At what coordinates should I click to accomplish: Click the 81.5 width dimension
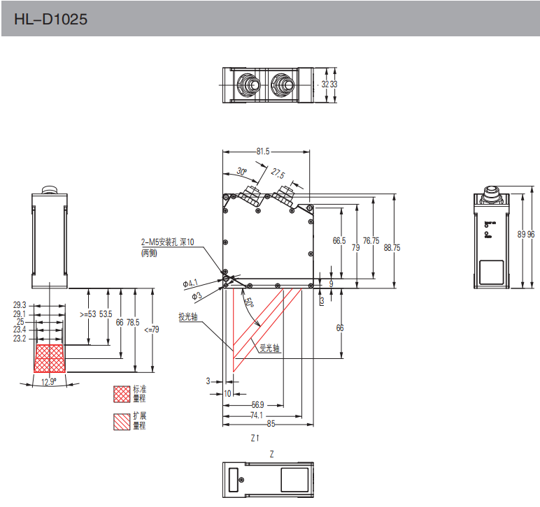[x=263, y=151]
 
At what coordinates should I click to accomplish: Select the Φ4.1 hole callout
[x=191, y=283]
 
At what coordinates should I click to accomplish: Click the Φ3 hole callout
[x=197, y=296]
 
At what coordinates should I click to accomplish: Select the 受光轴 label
[x=270, y=347]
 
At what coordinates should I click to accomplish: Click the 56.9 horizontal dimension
[x=257, y=404]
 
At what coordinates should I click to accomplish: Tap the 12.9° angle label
[x=49, y=381]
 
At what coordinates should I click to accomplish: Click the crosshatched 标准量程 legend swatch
[x=122, y=395]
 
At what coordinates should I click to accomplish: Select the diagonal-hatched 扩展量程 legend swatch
[x=122, y=420]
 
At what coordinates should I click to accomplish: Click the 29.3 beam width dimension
[x=20, y=305]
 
